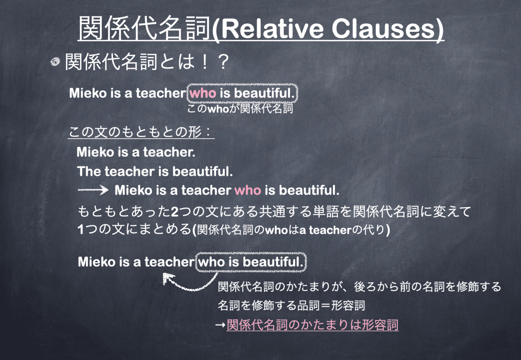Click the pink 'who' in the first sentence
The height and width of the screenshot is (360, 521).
[203, 93]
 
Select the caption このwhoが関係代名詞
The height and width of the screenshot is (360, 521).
[240, 109]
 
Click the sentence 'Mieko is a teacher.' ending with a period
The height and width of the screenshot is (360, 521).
[136, 152]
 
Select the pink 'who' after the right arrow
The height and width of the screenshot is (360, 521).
[248, 190]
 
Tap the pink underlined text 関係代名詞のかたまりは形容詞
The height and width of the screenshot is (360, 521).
[312, 325]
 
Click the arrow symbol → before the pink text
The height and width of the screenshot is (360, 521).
[220, 325]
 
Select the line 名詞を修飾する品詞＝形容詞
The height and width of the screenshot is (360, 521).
[291, 305]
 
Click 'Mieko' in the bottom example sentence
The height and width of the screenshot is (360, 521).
[96, 262]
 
